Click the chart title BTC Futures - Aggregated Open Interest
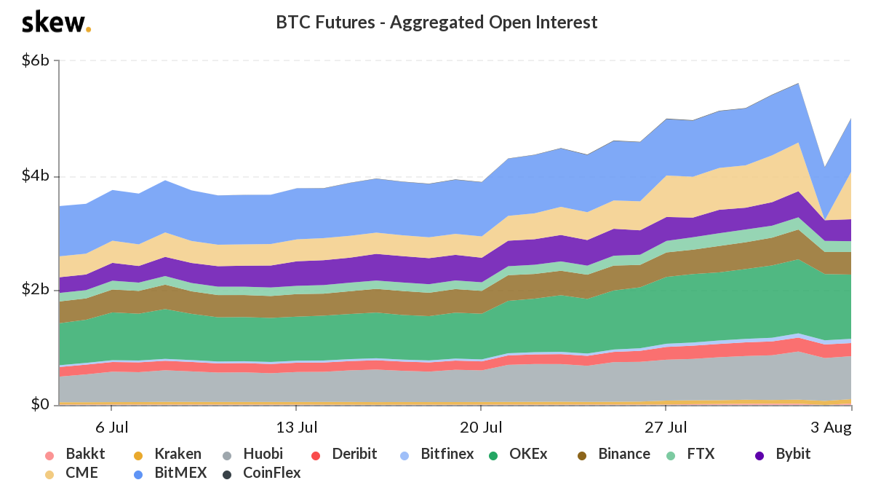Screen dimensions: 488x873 click(436, 23)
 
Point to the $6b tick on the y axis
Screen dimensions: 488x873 click(36, 60)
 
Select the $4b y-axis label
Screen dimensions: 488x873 click(36, 176)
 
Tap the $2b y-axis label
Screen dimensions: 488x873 click(36, 290)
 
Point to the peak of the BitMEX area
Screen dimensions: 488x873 click(799, 84)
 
